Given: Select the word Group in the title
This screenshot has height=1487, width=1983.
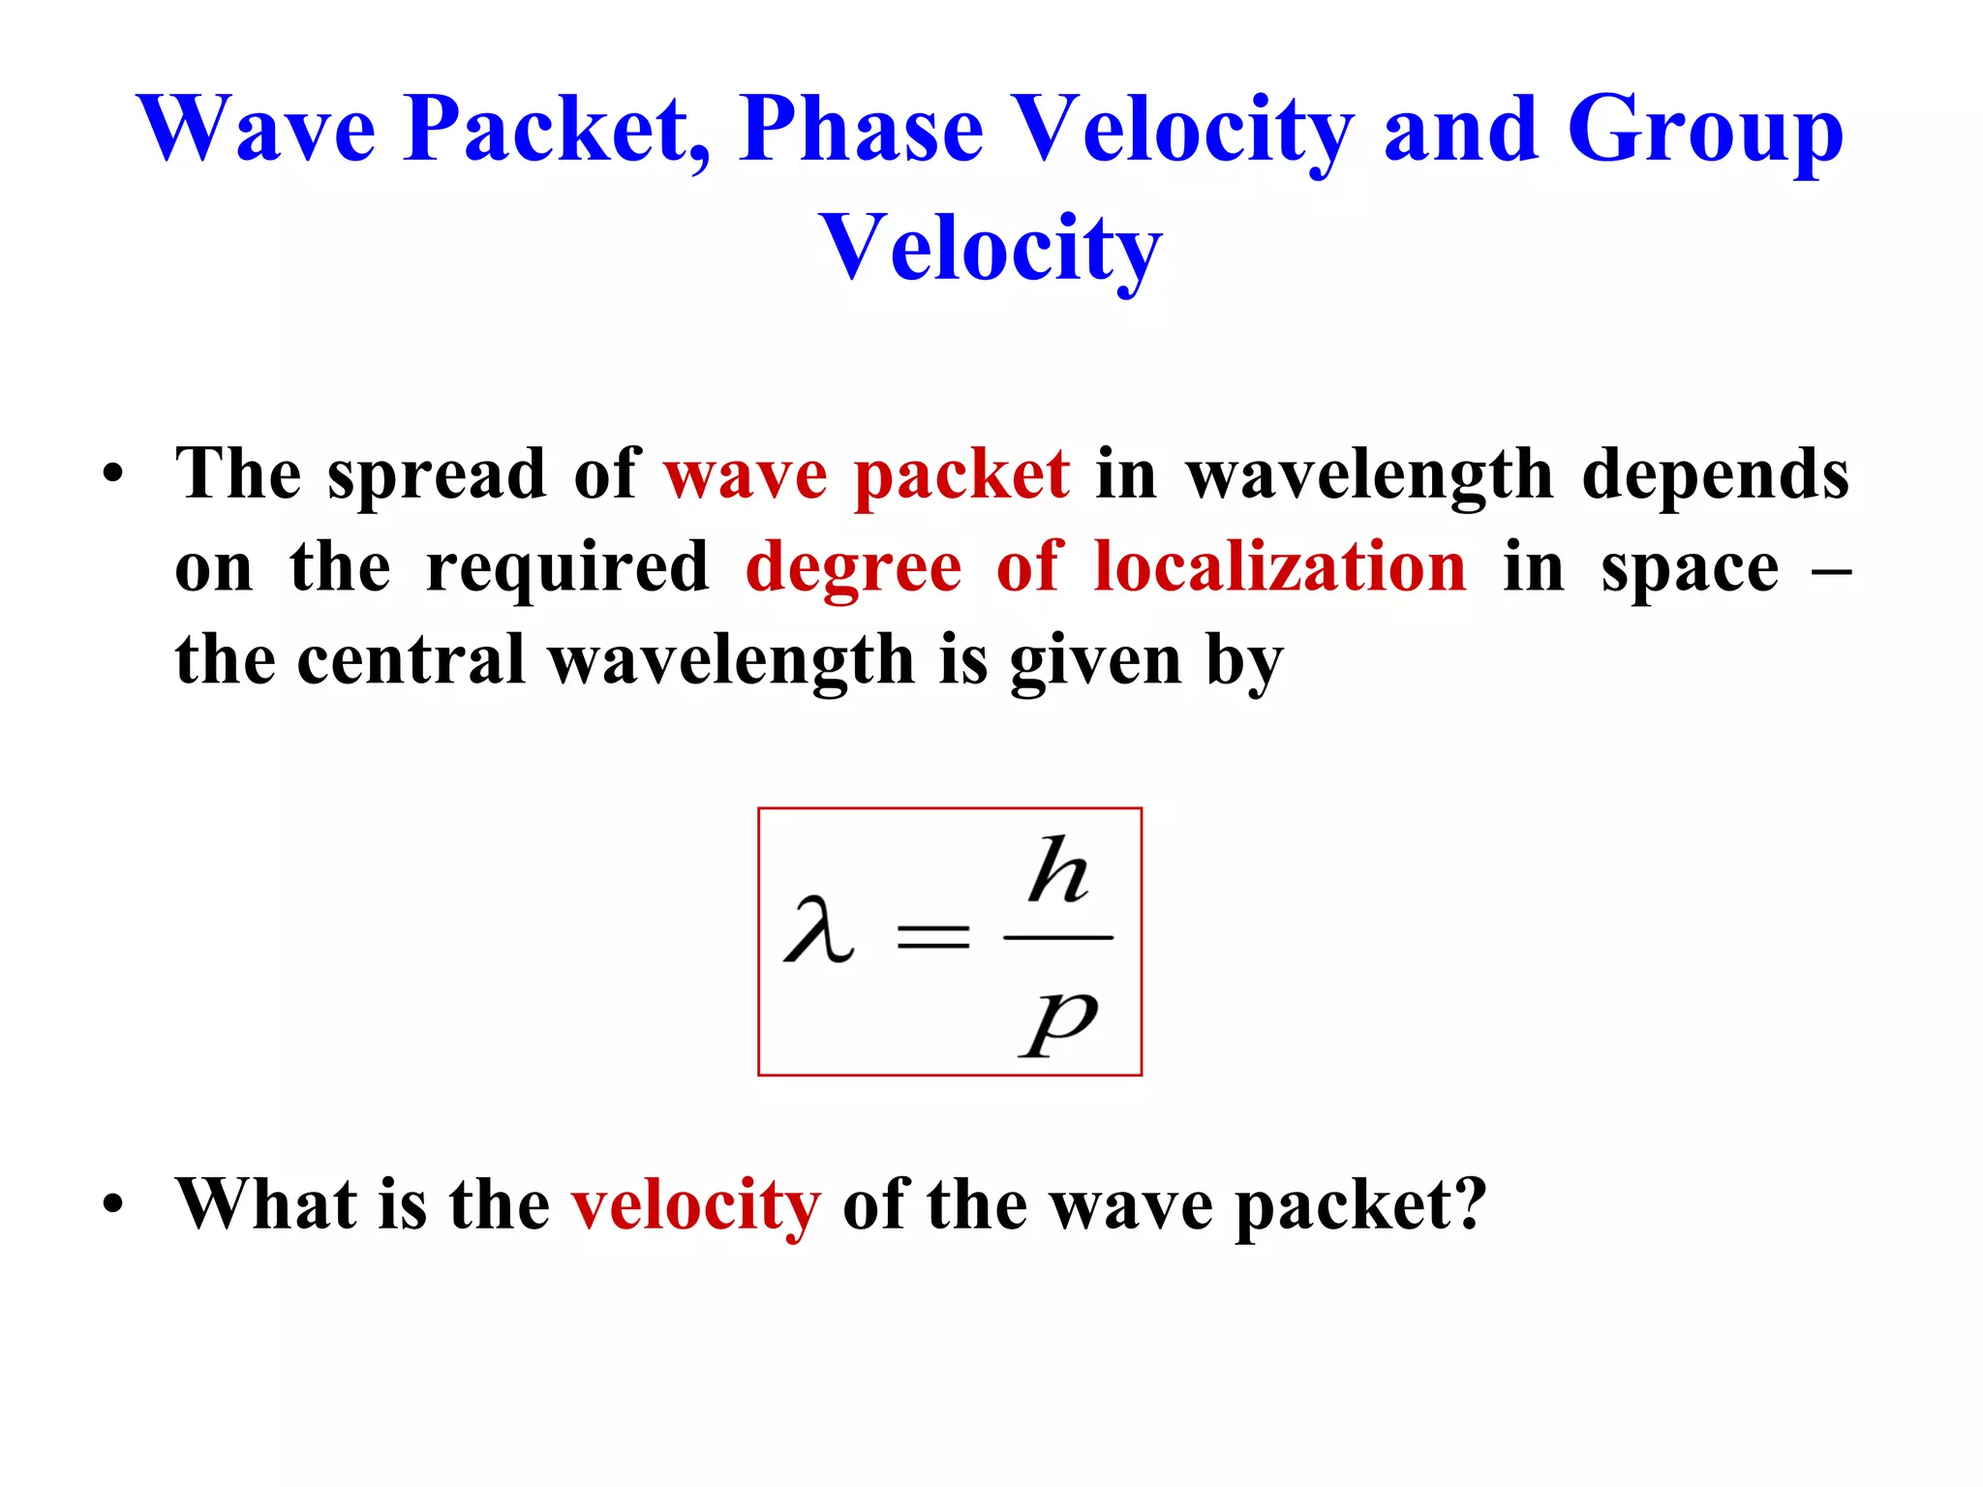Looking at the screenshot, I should pyautogui.click(x=1704, y=131).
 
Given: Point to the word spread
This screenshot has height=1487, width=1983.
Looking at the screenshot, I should pyautogui.click(x=437, y=476).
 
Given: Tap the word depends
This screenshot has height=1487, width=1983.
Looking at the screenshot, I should pyautogui.click(x=1715, y=476).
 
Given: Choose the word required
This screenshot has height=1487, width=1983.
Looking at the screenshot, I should pyautogui.click(x=568, y=569).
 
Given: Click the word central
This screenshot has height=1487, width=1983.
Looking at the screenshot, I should pyautogui.click(x=411, y=660).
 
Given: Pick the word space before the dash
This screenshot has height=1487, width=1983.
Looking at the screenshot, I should pyautogui.click(x=1690, y=569).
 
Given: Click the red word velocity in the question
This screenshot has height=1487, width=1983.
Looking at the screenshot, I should pyautogui.click(x=695, y=1206).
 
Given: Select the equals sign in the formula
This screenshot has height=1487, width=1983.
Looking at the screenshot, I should pyautogui.click(x=933, y=936).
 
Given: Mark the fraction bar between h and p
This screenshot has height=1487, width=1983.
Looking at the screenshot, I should pyautogui.click(x=1058, y=937).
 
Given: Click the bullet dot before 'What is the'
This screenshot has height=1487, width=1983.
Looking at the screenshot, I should pyautogui.click(x=114, y=1204).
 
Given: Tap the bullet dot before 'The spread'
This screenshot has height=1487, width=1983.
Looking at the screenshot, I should pyautogui.click(x=114, y=475).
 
